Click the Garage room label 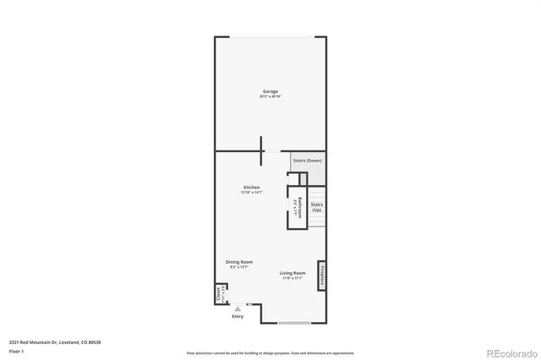[270, 91]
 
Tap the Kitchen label [252, 187]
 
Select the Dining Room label [239, 262]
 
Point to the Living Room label [293, 272]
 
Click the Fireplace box [322, 275]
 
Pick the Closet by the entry [218, 294]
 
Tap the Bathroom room [300, 207]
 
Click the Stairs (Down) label [307, 161]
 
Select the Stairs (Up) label [317, 207]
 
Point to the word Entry [238, 317]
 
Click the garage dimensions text [270, 97]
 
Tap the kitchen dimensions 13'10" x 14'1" [252, 193]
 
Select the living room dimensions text [292, 278]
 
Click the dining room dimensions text [238, 267]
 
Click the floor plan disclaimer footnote [270, 352]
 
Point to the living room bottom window [293, 323]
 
